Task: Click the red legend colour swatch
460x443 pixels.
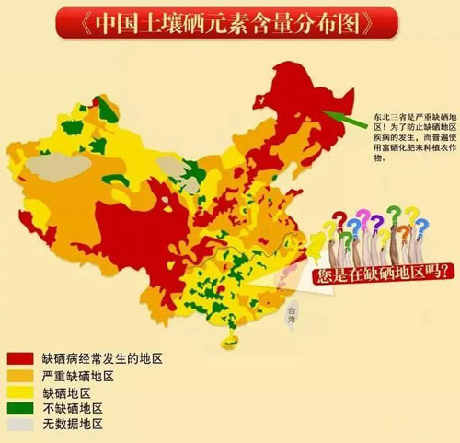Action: point(21,357)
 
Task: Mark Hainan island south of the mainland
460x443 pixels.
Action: point(226,342)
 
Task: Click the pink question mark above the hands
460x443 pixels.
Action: point(364,218)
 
